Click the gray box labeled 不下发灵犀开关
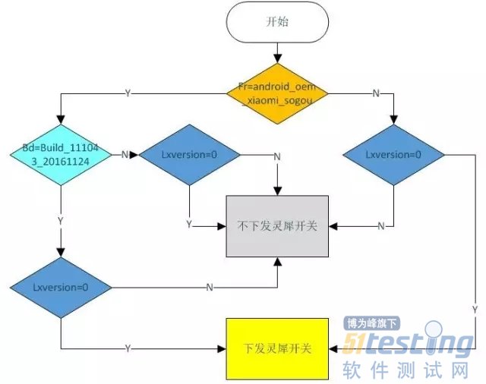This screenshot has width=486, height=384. [279, 225]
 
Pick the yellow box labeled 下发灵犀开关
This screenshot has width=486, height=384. [277, 348]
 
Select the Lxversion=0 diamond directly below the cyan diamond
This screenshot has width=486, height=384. [61, 288]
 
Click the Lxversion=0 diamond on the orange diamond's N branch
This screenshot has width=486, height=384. [393, 154]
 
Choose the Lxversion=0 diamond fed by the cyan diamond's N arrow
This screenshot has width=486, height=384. [189, 154]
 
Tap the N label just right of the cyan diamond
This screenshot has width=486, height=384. [125, 154]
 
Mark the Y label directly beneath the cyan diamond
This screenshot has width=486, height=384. [61, 219]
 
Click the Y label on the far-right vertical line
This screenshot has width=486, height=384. [475, 310]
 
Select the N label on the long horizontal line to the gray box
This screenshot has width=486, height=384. [209, 288]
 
